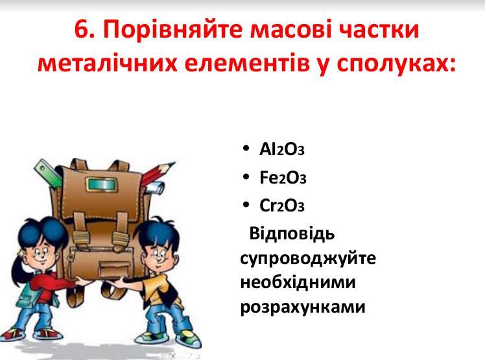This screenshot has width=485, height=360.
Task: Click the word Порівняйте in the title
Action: click(172, 29)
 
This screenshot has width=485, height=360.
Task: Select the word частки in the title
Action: click(379, 30)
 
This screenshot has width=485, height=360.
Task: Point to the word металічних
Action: click(107, 64)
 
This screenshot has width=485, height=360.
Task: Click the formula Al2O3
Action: click(282, 149)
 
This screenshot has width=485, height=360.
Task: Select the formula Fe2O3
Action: click(283, 178)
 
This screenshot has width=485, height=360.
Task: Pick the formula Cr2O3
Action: click(282, 206)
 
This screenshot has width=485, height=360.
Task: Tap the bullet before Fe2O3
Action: click(246, 176)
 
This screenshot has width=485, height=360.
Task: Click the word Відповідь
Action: click(292, 234)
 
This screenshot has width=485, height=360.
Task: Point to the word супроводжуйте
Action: click(308, 258)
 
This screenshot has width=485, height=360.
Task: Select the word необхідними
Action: click(298, 282)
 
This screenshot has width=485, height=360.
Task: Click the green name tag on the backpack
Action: click(101, 185)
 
